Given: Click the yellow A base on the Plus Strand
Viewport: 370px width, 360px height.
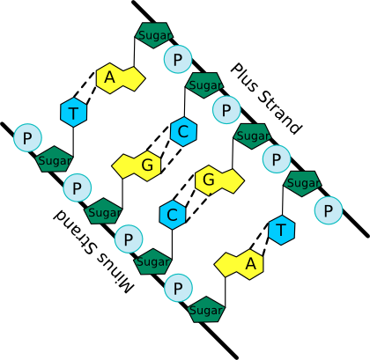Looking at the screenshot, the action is point(121,78).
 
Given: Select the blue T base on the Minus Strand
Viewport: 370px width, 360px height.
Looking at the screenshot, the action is point(73,112).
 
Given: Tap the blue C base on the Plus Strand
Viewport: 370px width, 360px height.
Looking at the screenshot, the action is point(183,131).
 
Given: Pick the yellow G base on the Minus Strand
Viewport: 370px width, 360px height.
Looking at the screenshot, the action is point(137,165).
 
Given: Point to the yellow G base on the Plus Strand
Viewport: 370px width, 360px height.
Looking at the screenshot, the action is point(219,180).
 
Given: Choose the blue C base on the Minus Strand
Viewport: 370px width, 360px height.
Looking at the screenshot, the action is point(173,214).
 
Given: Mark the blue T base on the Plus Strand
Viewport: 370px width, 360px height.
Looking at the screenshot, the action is point(281,230).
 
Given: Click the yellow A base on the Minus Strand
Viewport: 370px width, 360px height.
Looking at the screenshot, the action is point(239,264).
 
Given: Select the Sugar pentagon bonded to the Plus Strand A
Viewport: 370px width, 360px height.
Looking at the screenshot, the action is point(153,34).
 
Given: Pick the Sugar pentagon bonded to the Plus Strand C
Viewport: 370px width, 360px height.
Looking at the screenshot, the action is point(204,85).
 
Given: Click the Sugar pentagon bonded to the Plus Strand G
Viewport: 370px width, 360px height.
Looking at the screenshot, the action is point(253,136).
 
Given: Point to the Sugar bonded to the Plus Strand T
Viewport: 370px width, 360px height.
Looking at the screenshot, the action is point(302,183).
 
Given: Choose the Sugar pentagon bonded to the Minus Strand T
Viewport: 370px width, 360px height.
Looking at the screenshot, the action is point(54,159).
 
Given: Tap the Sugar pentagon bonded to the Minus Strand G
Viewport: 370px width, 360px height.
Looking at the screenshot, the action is point(103,211).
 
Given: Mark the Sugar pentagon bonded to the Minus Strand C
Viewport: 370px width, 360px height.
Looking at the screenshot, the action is point(153,261).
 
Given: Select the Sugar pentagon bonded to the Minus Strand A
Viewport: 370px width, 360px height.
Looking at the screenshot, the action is point(206,309).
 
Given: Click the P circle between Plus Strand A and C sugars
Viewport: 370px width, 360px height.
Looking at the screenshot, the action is point(177,59).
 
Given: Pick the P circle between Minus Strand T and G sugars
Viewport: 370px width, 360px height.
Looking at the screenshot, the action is point(77,187).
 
